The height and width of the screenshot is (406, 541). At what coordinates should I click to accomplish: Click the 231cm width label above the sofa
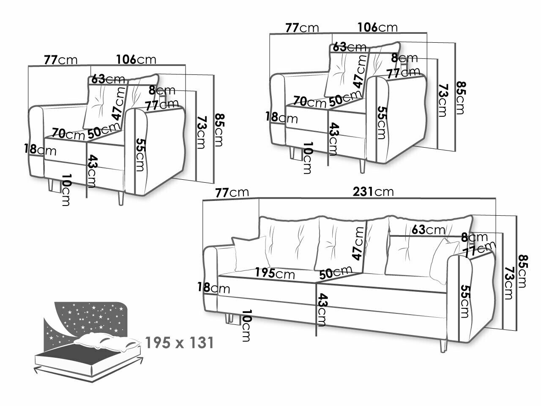[374, 192]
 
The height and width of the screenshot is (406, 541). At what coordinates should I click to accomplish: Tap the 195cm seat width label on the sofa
[275, 273]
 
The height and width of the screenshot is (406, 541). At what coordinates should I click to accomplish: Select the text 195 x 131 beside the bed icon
[179, 343]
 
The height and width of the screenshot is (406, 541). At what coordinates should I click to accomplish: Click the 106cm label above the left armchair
[137, 60]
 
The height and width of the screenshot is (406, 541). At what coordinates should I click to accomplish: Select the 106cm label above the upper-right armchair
[377, 27]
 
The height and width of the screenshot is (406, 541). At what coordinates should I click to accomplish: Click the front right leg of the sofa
[443, 345]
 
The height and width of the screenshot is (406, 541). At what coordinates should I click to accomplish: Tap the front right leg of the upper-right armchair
[362, 165]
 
